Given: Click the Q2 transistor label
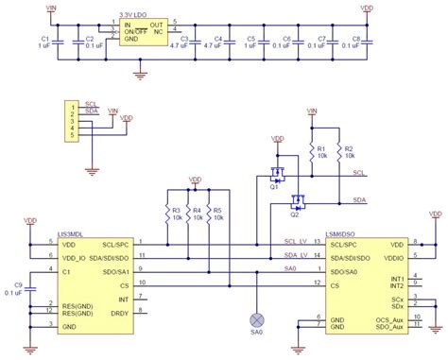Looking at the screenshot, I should (294, 214).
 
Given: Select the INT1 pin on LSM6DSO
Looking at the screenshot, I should (397, 279).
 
